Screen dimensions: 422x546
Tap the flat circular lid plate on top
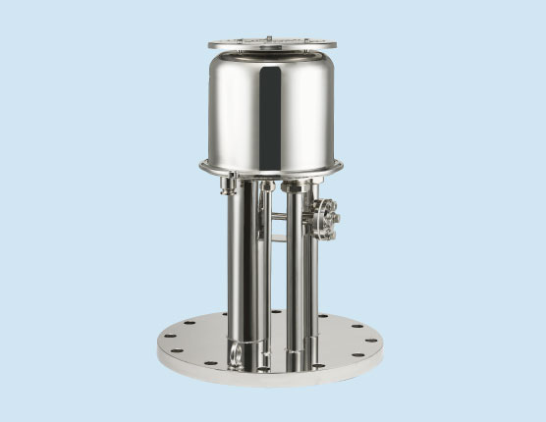point(272,43)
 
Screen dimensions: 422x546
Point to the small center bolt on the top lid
point(271,39)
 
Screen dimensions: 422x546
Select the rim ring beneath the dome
point(271,168)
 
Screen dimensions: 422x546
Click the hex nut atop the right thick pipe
point(293,185)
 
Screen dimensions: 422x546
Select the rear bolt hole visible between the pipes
point(276,313)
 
